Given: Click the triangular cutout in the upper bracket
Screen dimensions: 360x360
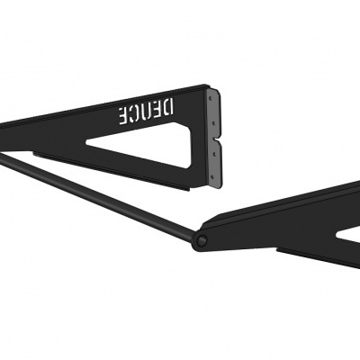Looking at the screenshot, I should coord(153,146).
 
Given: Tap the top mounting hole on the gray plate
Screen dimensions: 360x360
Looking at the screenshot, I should coord(213,94).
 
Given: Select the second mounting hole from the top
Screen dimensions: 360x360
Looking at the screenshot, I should coord(213,117).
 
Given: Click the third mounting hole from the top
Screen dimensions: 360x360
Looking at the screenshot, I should coord(213,154).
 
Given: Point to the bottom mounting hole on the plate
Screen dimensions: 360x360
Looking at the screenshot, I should coord(213,175).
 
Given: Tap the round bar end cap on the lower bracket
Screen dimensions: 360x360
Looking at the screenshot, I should coord(203,240).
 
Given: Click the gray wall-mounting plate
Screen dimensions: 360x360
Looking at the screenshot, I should coord(213,135).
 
